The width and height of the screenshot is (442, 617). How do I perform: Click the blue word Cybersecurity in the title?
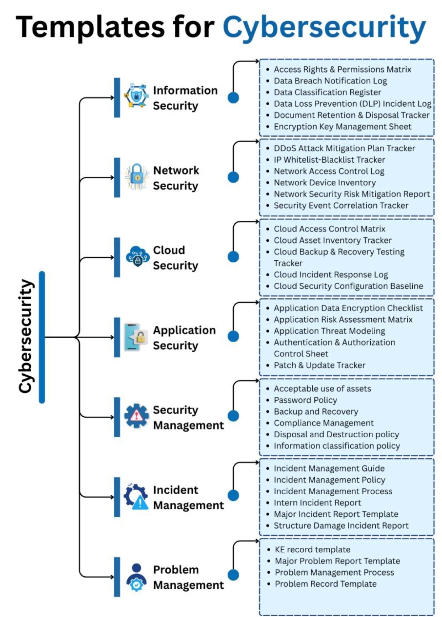[324, 28]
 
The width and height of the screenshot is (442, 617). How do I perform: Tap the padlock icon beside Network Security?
[137, 177]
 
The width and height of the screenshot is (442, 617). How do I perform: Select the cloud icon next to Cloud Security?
[137, 256]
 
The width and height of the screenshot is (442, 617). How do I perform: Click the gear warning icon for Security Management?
[136, 416]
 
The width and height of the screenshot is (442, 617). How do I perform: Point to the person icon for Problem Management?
[136, 577]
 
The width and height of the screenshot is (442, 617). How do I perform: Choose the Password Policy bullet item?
[305, 400]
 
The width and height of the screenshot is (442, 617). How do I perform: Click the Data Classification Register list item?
[327, 92]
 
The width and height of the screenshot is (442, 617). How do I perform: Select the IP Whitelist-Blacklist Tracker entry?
[329, 160]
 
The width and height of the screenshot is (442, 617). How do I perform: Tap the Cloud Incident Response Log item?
[330, 275]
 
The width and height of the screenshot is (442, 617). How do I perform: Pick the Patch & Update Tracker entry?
[319, 365]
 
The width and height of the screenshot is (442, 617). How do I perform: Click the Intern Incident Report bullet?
[317, 503]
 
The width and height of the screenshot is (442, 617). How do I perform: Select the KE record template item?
[312, 549]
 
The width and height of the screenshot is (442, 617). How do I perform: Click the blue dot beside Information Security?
[233, 97]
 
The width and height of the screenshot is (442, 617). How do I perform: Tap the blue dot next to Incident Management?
[233, 495]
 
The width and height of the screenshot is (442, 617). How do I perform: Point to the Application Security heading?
[184, 338]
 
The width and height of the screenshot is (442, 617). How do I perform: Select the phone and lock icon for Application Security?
[135, 337]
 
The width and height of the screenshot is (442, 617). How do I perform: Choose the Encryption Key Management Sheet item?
[342, 127]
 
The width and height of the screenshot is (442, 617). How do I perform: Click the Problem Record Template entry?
[325, 584]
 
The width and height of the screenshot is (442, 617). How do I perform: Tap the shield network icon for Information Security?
[136, 96]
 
